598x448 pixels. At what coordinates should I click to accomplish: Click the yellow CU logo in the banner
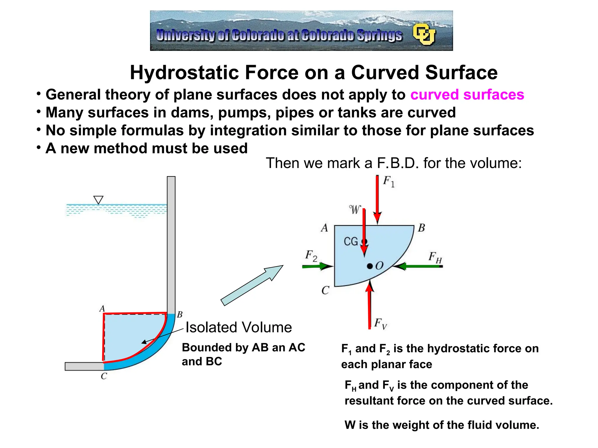click(x=424, y=34)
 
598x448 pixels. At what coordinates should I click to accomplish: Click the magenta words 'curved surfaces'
click(x=467, y=95)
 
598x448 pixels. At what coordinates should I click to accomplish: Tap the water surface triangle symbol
click(x=98, y=200)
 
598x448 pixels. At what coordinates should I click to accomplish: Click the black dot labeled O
click(x=370, y=266)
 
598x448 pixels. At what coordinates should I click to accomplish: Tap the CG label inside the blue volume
click(x=351, y=242)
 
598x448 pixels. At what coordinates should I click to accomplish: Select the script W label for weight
click(x=355, y=209)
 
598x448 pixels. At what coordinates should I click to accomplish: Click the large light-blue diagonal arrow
click(x=252, y=285)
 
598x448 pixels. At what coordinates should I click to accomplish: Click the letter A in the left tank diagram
click(x=102, y=309)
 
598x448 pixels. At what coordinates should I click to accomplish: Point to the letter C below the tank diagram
click(x=104, y=376)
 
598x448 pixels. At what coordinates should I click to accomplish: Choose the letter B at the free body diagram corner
click(x=421, y=228)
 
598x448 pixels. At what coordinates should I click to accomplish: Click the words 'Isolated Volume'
click(x=239, y=327)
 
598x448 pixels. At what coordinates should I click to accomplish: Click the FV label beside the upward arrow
click(x=380, y=323)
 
